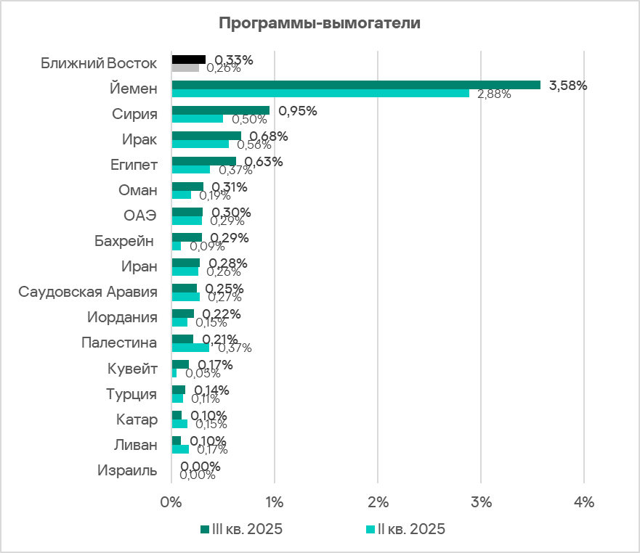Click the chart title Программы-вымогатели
320,22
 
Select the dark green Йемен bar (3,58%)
356,85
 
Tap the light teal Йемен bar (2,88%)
320,94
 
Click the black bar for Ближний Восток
188,60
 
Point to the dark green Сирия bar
220,110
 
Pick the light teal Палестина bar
190,348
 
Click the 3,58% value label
568,85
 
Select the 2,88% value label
494,94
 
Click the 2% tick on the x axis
378,501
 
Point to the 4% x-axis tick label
584,501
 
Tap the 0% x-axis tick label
171,501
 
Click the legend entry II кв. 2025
408,528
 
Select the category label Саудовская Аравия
88,292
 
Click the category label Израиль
127,470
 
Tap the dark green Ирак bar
206,136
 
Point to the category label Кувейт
132,369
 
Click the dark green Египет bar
203,161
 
